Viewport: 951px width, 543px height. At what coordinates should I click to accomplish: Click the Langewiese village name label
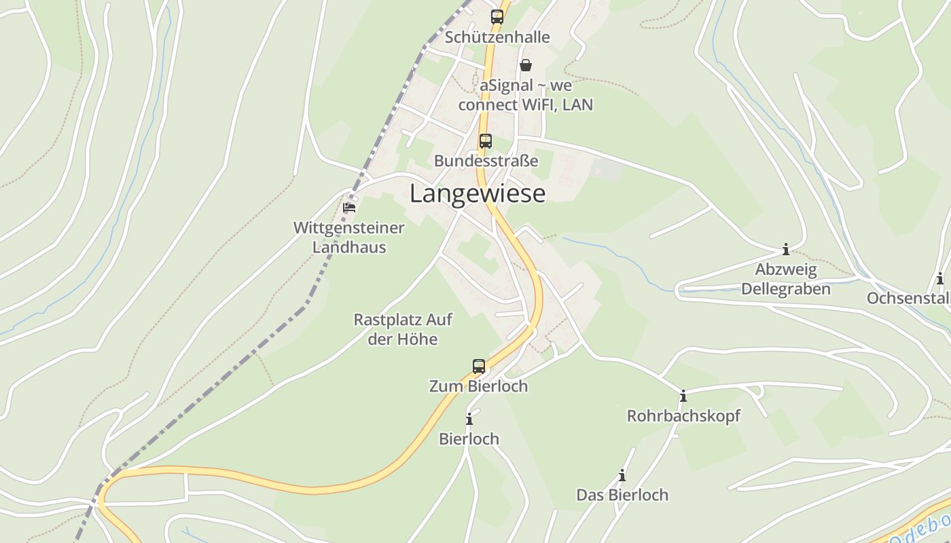click(477, 193)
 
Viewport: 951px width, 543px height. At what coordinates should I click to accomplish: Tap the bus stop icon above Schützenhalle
click(497, 17)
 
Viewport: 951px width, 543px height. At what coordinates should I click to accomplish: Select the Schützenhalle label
click(497, 37)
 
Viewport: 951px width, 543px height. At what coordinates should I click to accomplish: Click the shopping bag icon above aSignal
click(525, 65)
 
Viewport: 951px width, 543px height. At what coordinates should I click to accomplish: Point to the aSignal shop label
click(525, 95)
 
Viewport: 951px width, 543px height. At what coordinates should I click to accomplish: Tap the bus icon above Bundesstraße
click(486, 141)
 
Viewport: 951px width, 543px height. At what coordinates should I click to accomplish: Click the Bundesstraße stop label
click(486, 161)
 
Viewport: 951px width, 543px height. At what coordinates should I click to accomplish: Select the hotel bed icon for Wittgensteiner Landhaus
click(349, 207)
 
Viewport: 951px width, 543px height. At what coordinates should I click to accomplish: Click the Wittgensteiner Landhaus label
click(348, 238)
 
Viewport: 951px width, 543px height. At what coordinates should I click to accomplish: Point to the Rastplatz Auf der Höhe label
click(403, 329)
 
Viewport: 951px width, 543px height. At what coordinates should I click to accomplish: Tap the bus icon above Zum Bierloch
click(479, 367)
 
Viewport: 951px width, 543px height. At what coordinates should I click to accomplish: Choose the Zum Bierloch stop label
click(478, 386)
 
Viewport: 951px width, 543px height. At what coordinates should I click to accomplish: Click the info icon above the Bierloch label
click(469, 419)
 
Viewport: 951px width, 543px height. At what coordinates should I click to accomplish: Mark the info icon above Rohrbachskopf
click(683, 396)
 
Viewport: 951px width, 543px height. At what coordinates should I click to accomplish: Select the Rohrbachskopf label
click(683, 415)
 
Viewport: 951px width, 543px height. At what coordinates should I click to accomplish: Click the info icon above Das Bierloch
click(622, 475)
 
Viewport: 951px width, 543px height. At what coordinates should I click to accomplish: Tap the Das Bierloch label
click(622, 495)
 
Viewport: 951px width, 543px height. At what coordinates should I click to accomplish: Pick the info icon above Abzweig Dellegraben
click(786, 249)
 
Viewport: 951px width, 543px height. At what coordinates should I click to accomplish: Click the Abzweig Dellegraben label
click(786, 279)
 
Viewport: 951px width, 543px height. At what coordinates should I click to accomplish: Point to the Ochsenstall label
click(908, 298)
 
